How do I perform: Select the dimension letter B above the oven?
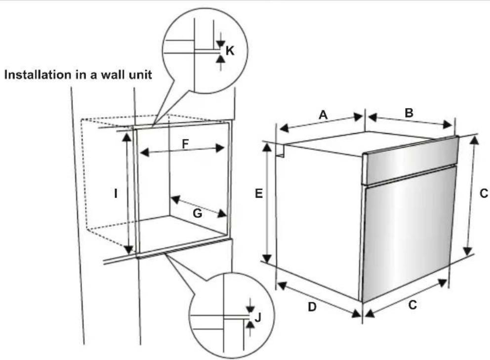[409, 113]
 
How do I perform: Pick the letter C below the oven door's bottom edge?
[412, 305]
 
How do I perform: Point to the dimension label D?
[312, 307]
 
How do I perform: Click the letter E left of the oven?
[258, 194]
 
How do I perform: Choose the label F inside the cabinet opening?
[185, 144]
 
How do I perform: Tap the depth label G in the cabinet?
[197, 213]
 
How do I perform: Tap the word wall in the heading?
[99, 76]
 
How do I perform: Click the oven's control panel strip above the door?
[410, 160]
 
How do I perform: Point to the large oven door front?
[408, 232]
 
